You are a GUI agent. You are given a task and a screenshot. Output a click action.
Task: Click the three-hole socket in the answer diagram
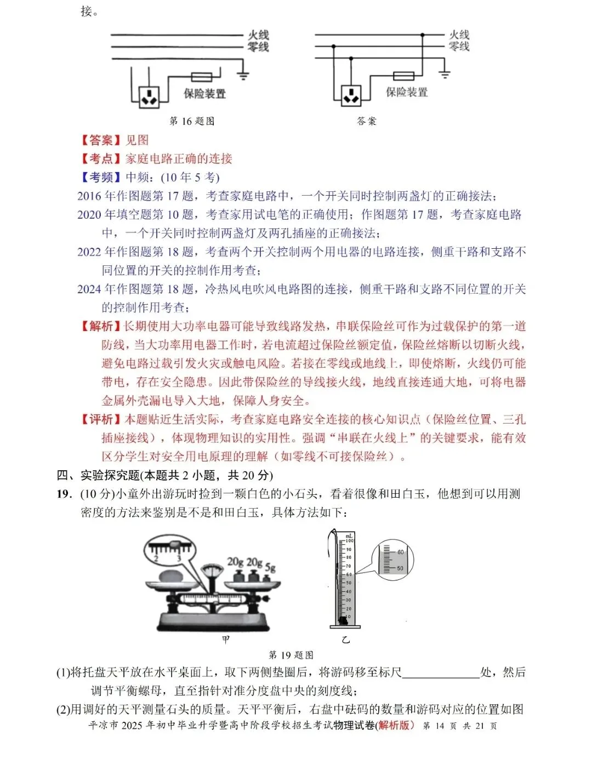351,95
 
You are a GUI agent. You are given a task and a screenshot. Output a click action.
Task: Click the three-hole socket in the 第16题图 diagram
149,96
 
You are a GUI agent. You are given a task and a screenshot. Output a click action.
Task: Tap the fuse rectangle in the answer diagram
405,76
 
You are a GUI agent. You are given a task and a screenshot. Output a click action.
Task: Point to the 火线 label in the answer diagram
459,35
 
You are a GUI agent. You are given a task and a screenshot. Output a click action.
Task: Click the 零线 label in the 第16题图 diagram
258,47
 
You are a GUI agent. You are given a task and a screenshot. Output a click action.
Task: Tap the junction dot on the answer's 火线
422,35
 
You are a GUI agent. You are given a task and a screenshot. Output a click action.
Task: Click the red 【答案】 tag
101,140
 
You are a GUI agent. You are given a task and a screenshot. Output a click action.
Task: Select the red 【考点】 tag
101,159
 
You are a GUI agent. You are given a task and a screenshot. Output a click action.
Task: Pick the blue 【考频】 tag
101,178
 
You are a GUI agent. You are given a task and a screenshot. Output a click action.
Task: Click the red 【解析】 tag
101,327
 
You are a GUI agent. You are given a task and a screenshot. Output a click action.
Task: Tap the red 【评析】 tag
101,420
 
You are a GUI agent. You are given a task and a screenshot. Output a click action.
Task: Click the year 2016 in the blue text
89,196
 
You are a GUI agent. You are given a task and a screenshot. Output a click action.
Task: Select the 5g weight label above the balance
270,567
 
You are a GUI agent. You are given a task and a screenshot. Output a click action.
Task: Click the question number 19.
64,494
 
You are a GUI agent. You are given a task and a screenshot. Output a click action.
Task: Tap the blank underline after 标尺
441,672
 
